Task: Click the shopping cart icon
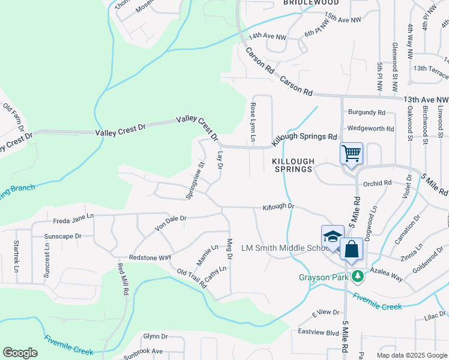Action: [351, 152]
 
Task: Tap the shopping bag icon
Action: [351, 248]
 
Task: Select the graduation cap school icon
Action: [332, 236]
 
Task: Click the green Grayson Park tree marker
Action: [358, 276]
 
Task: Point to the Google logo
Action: [20, 353]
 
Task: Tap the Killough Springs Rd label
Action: [304, 137]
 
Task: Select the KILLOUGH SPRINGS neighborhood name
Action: [293, 166]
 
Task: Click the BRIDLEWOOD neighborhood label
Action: [311, 3]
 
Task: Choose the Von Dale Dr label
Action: [171, 223]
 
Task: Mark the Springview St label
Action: [196, 179]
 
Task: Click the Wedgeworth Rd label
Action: [371, 128]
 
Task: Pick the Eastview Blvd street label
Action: [319, 332]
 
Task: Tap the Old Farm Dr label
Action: [13, 116]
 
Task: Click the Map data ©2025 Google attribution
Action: [412, 355]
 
